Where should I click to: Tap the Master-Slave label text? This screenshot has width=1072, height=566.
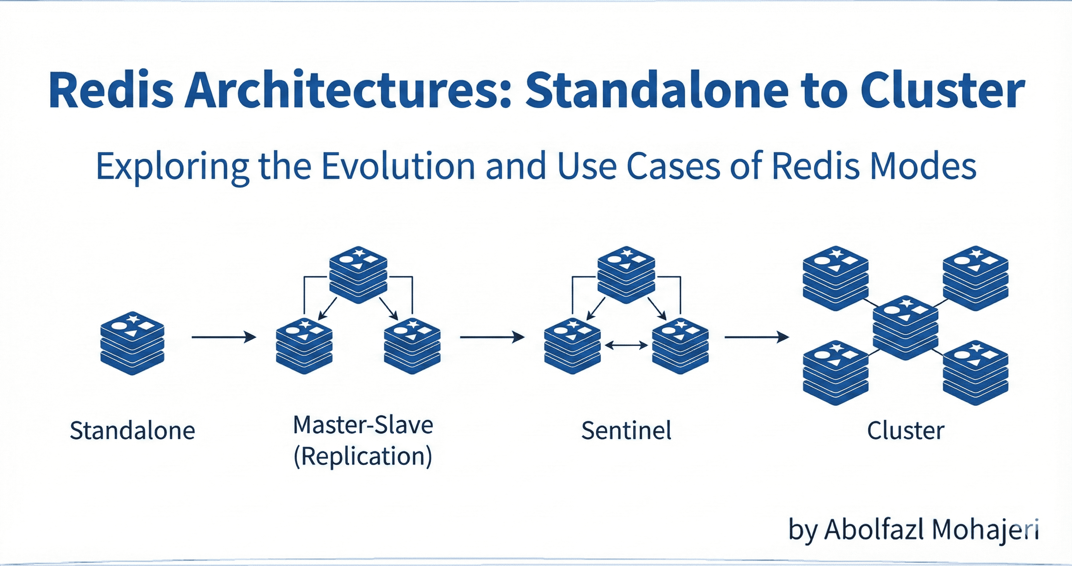[363, 425]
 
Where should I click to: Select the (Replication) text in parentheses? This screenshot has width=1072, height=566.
[363, 456]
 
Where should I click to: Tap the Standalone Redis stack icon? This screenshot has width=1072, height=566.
[132, 343]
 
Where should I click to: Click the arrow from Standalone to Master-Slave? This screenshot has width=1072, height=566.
[224, 337]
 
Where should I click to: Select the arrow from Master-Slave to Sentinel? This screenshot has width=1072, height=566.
[492, 337]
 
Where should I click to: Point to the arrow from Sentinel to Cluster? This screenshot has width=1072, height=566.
[757, 337]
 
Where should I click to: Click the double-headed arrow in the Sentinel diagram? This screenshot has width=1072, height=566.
[626, 345]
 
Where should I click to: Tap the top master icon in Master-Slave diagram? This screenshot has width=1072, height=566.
[358, 275]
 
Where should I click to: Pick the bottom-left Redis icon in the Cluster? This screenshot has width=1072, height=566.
[836, 373]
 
